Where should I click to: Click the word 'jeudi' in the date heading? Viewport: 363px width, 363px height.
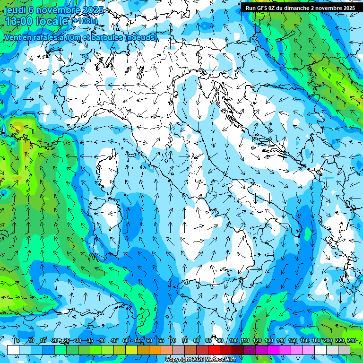pos(14,10)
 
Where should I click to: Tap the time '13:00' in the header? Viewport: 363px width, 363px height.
pos(20,21)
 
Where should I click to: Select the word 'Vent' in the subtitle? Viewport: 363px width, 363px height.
pos(14,37)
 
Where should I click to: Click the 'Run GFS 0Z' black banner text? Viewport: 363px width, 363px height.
pos(265,8)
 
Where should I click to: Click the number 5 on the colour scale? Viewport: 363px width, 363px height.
pos(18,340)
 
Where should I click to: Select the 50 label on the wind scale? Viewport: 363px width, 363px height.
pos(125,340)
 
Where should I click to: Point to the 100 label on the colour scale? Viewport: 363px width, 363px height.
pos(233,340)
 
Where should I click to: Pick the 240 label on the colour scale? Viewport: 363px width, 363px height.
pos(351,340)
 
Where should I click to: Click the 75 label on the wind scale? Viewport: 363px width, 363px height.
pos(184,340)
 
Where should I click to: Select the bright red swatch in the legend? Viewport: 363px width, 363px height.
pos(214,350)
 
